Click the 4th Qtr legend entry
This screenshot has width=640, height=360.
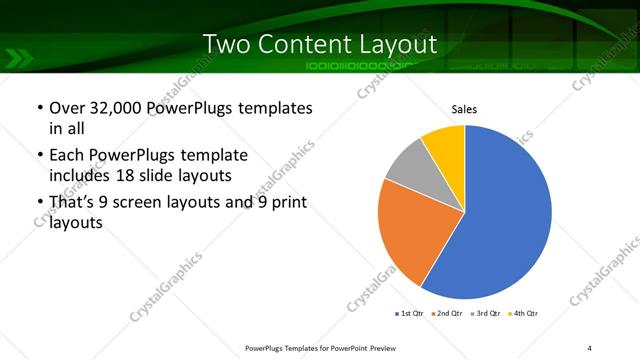coord(527,314)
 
